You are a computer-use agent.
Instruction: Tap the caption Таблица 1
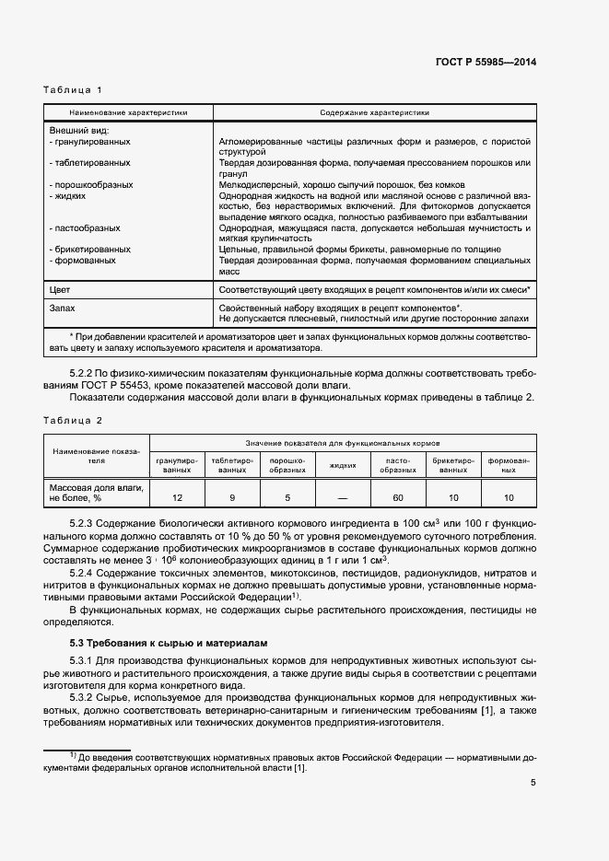(x=73, y=89)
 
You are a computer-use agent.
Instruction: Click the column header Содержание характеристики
(x=374, y=112)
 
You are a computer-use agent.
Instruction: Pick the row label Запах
(x=62, y=307)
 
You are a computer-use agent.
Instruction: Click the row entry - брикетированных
(x=89, y=250)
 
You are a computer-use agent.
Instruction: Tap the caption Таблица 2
(x=73, y=420)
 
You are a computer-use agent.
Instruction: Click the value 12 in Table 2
(x=178, y=497)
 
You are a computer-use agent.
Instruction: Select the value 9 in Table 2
(x=233, y=497)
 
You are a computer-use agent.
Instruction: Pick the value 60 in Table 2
(x=398, y=497)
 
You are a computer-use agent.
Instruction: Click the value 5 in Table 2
(x=287, y=497)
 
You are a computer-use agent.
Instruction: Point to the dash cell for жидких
(x=343, y=497)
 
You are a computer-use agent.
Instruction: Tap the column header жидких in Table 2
(x=343, y=465)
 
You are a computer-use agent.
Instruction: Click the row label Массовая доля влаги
(x=95, y=485)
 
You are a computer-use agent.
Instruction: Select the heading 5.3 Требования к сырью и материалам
(x=169, y=644)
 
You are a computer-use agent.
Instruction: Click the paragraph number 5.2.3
(x=84, y=523)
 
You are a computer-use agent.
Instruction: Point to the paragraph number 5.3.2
(x=84, y=697)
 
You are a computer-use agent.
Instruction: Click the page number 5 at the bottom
(x=533, y=783)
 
